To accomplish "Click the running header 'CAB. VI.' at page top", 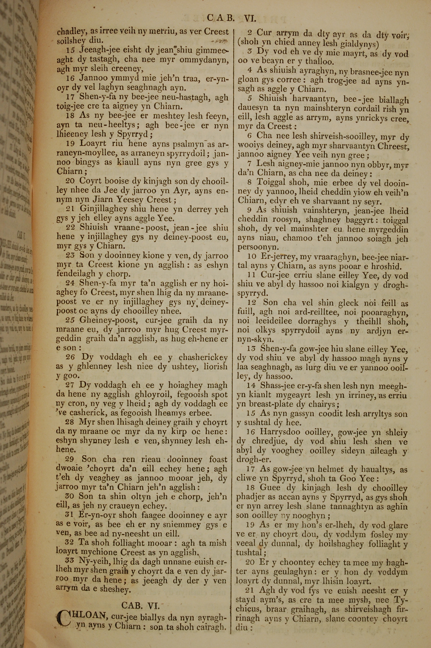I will pos(231,18).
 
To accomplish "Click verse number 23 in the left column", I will pos(70,255).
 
